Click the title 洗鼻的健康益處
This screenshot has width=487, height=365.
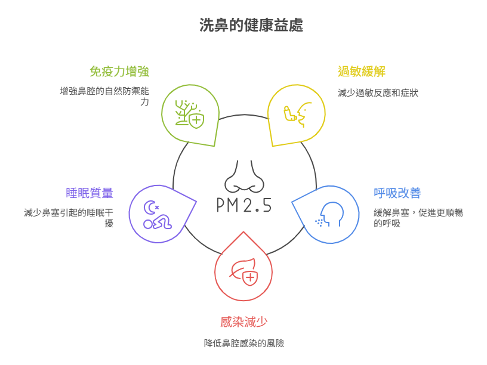pyautogui.click(x=251, y=25)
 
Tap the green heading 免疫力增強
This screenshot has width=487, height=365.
pyautogui.click(x=119, y=72)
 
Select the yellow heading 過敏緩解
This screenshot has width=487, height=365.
pyautogui.click(x=362, y=72)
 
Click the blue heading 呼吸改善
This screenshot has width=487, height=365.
pyautogui.click(x=397, y=193)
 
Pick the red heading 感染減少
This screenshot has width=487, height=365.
pyautogui.click(x=244, y=322)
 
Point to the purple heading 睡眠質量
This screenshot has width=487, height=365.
pyautogui.click(x=90, y=193)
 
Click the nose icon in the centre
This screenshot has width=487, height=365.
pyautogui.click(x=245, y=177)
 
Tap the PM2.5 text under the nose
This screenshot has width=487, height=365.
pyautogui.click(x=244, y=205)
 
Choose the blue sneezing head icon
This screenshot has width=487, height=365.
pyautogui.click(x=329, y=215)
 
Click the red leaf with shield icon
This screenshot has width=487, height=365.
pyautogui.click(x=244, y=272)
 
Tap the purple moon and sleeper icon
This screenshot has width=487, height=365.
pyautogui.click(x=158, y=215)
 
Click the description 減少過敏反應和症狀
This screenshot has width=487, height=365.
pyautogui.click(x=378, y=93)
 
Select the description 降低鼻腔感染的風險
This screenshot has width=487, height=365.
pyautogui.click(x=244, y=344)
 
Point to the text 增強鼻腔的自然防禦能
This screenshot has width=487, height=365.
pyautogui.click(x=104, y=91)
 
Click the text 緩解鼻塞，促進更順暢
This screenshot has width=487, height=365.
pyautogui.click(x=418, y=212)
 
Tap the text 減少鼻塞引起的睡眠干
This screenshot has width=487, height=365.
pyautogui.click(x=69, y=212)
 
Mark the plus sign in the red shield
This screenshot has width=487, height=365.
pyautogui.click(x=251, y=277)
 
